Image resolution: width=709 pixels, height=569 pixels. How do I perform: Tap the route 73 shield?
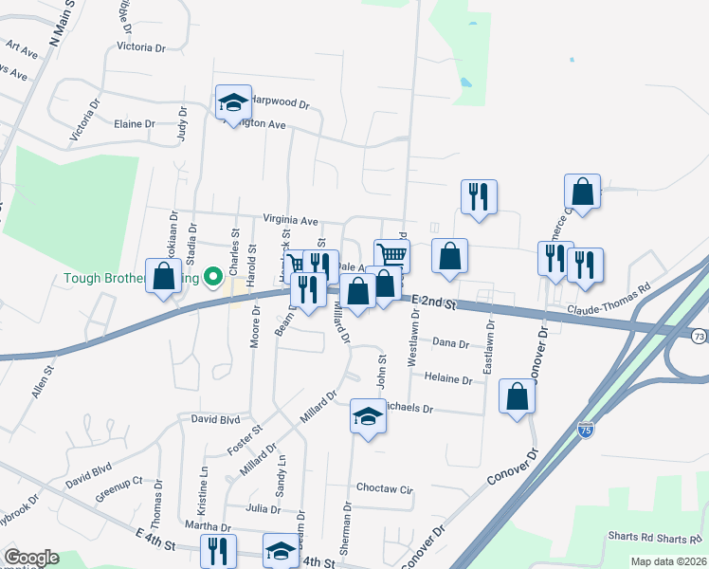tap(699, 336)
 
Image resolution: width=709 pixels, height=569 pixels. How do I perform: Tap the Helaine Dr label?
tap(448, 379)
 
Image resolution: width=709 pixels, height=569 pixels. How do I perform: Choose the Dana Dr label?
tap(450, 343)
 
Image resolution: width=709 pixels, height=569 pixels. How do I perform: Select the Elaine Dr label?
tap(134, 124)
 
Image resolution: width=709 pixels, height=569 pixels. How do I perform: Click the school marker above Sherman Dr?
tap(367, 415)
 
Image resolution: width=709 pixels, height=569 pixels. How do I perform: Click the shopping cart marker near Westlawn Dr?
tap(391, 254)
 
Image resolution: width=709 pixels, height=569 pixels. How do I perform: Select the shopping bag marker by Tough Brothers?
tap(164, 276)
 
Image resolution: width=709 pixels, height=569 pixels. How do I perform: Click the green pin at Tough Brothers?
tap(214, 278)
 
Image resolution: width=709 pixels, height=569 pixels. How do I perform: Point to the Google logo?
tap(30, 558)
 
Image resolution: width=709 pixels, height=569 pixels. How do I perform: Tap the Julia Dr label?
tap(263, 508)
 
